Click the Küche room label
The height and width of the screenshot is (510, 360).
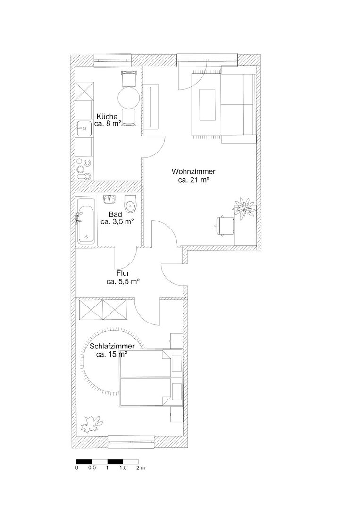[107, 117]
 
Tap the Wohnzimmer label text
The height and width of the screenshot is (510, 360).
[193, 171]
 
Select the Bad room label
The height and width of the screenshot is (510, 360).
[116, 214]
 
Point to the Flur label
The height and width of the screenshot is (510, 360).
[123, 274]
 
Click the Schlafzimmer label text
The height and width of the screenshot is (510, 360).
[112, 347]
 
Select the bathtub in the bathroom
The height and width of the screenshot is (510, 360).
[86, 220]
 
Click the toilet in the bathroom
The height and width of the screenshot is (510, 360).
[131, 204]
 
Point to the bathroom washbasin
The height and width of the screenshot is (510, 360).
[110, 199]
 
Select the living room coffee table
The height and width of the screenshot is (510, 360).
[207, 104]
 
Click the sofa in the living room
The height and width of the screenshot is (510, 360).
[238, 104]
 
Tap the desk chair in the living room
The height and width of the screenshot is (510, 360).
[224, 225]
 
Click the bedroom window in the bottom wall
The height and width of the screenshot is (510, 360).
[131, 442]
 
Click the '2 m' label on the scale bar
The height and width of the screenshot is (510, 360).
[141, 468]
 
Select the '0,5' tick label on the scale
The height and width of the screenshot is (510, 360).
[92, 468]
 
